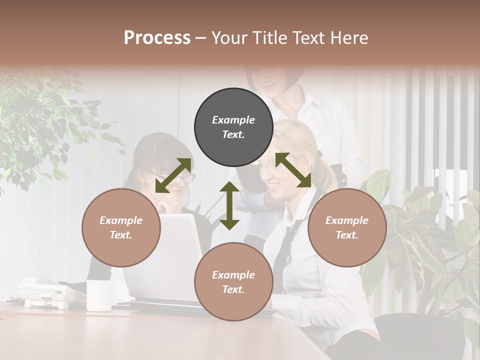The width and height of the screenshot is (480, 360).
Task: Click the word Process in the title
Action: coord(157,38)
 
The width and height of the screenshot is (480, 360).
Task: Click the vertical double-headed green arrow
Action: coord(229,205)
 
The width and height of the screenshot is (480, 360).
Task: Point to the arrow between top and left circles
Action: coord(173,175)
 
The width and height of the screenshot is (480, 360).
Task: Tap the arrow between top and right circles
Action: coord(293,170)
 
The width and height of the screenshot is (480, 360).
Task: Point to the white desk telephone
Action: coord(47,294)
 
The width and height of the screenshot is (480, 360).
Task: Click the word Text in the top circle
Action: coord(233,134)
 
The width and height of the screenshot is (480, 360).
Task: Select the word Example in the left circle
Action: coord(121,220)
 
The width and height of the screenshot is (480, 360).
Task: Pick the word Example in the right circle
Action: coord(347,220)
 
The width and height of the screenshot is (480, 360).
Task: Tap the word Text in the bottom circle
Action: coord(233,289)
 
